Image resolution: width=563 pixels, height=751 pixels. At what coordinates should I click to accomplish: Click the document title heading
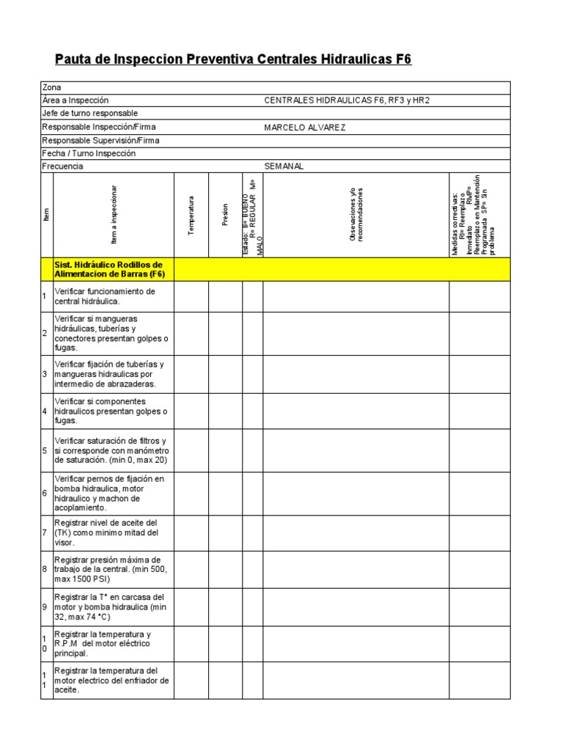click(233, 59)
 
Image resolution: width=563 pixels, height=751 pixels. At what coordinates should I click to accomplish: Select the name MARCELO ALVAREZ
click(304, 127)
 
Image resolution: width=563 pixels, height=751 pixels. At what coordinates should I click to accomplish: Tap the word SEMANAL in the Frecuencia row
click(284, 166)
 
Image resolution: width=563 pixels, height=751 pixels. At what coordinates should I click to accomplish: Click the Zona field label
click(52, 87)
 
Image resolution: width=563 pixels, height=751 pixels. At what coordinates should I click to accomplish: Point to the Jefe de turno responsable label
click(89, 114)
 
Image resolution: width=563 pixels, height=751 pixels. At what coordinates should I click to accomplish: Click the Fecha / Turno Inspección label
click(89, 153)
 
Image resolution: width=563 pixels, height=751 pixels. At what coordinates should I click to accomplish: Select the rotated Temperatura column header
click(191, 215)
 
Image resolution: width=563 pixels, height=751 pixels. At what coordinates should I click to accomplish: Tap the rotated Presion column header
click(226, 215)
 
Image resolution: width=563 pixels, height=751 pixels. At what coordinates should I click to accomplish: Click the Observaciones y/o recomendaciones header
click(356, 215)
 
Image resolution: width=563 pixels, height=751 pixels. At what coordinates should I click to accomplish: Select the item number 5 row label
click(46, 450)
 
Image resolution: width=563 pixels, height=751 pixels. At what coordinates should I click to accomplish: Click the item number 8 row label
click(46, 569)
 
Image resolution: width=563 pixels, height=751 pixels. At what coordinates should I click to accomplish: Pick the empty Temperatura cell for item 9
click(191, 607)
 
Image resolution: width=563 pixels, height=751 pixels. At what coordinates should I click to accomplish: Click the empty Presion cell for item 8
click(226, 569)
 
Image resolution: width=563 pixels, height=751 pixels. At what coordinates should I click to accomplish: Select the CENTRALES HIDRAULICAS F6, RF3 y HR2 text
click(352, 100)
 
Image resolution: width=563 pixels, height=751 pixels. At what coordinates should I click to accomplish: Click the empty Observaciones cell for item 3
click(356, 374)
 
